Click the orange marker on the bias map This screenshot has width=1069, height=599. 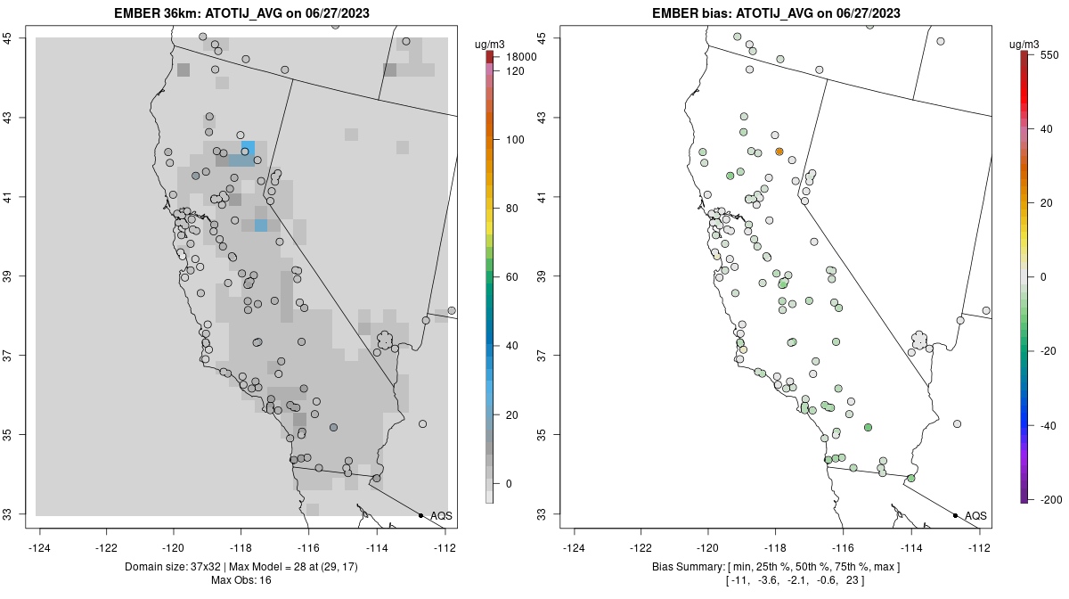[x=779, y=152]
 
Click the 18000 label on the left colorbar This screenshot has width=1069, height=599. [x=520, y=57]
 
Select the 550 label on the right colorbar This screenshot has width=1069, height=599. [x=1048, y=54]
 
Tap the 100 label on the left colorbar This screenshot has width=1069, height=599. [x=515, y=140]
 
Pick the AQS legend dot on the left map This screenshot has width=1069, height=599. [x=420, y=515]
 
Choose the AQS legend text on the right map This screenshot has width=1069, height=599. [x=975, y=515]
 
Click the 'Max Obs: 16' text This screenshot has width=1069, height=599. [x=241, y=580]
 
